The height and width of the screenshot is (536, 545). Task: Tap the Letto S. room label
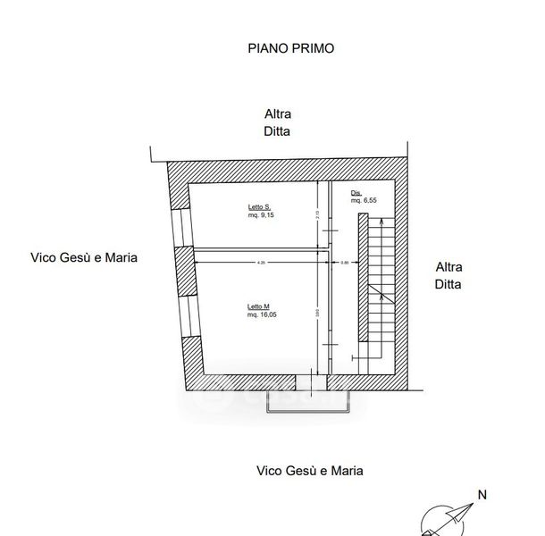(260, 207)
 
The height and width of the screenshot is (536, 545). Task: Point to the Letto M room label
(259, 306)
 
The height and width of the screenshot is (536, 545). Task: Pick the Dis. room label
(356, 194)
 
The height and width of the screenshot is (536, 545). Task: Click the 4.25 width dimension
(262, 263)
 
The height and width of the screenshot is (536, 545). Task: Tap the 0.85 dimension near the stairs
(346, 263)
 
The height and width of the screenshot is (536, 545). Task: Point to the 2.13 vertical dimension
(318, 214)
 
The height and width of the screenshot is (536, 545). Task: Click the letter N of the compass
(482, 494)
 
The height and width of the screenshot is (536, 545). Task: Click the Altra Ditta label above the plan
(277, 122)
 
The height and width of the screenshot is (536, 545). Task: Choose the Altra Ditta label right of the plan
(449, 276)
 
